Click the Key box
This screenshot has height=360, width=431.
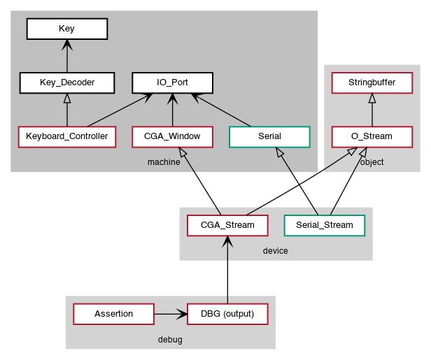click(66, 29)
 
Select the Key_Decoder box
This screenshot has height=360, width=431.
click(66, 82)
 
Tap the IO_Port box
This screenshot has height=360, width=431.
click(172, 82)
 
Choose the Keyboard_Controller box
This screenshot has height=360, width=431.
click(66, 136)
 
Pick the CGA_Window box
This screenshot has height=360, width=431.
click(172, 136)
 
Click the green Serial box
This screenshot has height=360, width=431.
click(269, 136)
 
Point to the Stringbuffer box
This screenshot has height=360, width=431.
click(372, 82)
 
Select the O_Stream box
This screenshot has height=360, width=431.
click(372, 136)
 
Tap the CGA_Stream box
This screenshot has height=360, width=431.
click(227, 225)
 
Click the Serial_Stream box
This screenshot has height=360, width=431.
click(325, 225)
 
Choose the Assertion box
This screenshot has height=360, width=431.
click(113, 314)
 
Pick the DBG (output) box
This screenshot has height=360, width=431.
click(227, 314)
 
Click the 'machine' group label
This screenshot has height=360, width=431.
click(164, 162)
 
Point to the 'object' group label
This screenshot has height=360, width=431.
click(372, 162)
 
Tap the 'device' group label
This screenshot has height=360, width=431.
click(276, 250)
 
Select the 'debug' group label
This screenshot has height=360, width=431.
click(170, 339)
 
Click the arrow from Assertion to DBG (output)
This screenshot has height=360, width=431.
click(170, 314)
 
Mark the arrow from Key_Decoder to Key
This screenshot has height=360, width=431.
click(66, 56)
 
